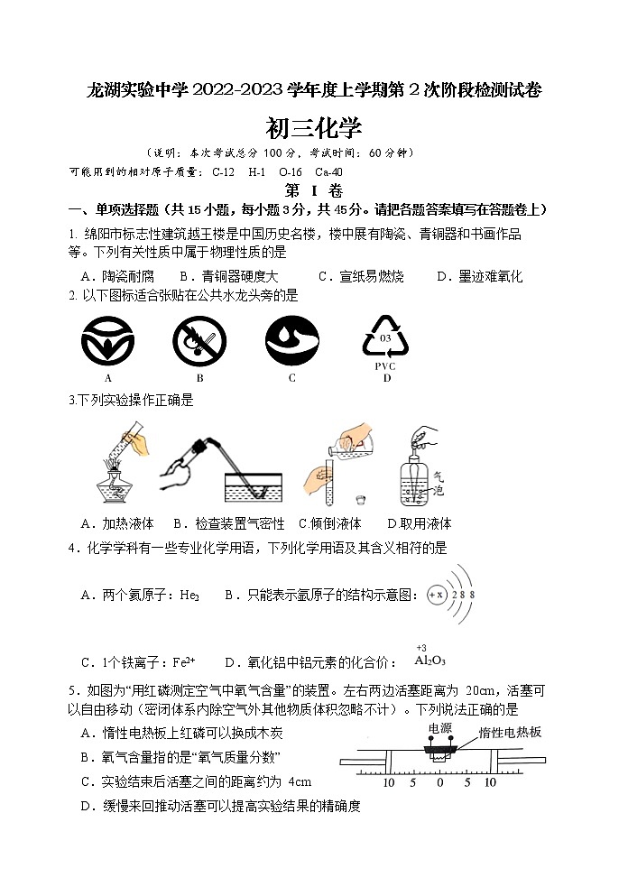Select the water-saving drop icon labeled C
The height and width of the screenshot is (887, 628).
[x=291, y=343]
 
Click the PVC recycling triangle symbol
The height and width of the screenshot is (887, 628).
[x=385, y=339]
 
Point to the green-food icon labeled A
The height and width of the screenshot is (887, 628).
[x=108, y=343]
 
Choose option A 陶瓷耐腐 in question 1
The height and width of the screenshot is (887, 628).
[x=117, y=276]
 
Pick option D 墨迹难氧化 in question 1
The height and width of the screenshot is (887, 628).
[x=479, y=276]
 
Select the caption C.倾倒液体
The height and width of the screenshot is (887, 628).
[x=329, y=523]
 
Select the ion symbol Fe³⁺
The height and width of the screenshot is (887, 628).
[x=181, y=661]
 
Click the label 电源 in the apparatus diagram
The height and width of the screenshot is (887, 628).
[x=440, y=727]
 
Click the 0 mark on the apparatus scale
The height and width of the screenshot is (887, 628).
[x=439, y=781]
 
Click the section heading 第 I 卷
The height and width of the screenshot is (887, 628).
[x=313, y=190]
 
